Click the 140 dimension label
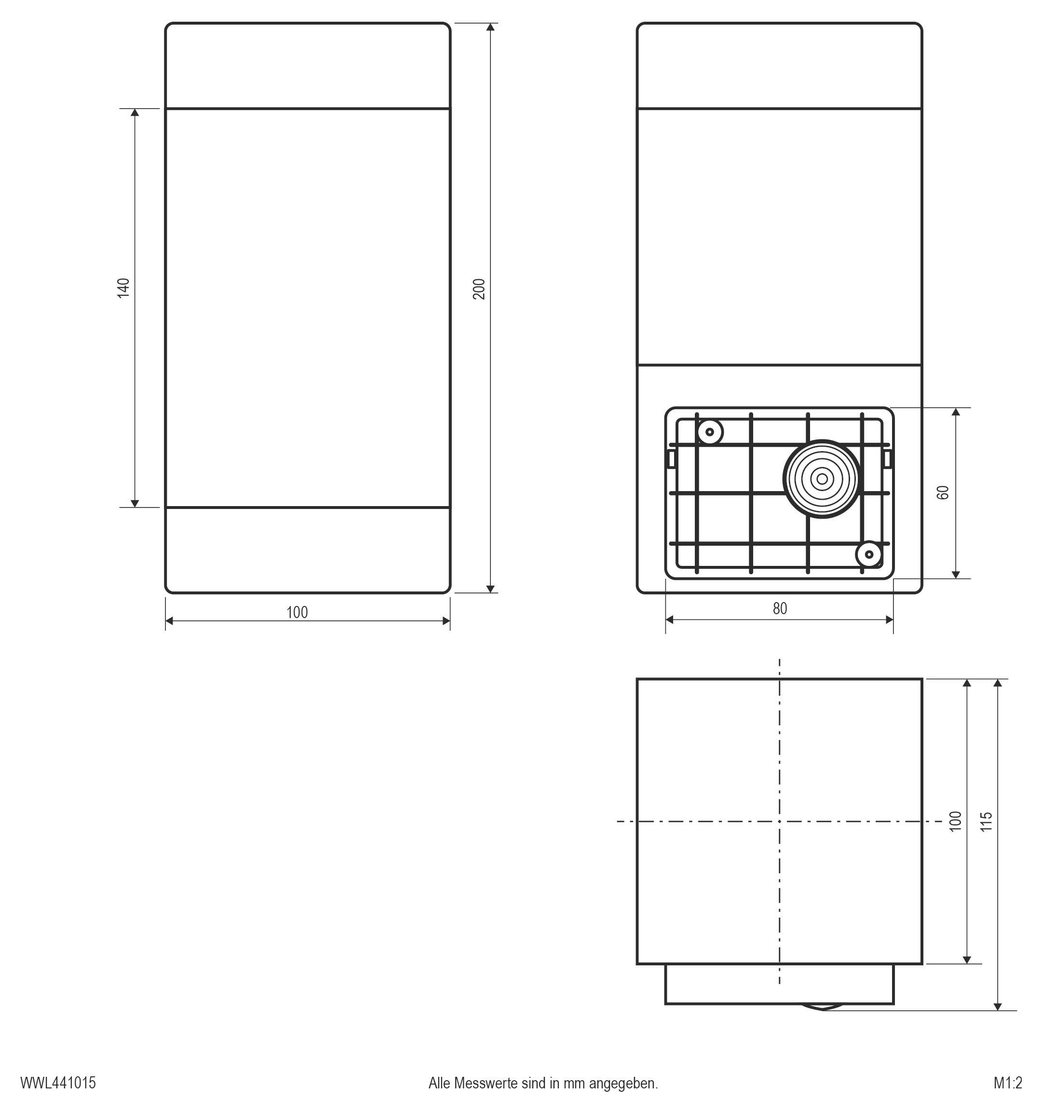tap(123, 288)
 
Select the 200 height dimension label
tap(479, 289)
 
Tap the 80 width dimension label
tap(780, 608)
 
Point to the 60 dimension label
tap(943, 493)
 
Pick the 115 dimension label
tap(986, 821)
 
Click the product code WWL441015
tap(58, 1083)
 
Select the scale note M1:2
tap(1008, 1083)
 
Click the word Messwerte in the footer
tap(486, 1083)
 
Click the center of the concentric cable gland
tap(822, 479)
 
